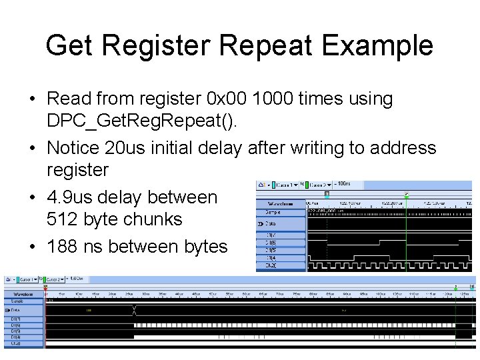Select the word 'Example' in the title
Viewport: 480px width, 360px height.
378,45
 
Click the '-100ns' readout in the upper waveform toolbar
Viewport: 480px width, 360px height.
344,183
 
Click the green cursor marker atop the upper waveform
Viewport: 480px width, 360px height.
406,195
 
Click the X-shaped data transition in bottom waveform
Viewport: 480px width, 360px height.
134,310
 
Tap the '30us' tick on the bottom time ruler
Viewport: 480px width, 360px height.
145,293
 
